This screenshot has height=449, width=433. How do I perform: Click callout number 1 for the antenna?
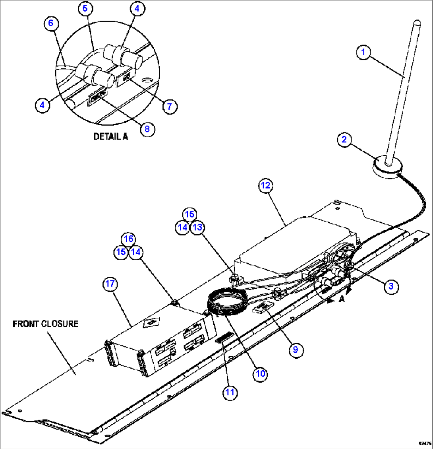363,52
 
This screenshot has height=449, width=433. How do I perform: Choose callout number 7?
170,106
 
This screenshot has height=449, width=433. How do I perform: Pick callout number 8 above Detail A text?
147,129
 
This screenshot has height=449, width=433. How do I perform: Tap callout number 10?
260,373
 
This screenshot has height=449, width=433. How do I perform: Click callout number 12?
267,185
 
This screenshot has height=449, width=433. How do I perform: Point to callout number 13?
197,227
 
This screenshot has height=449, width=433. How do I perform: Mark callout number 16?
128,239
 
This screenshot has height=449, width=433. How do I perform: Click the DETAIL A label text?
110,136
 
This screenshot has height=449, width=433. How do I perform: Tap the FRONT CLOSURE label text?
45,324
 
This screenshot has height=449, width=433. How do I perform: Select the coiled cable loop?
227,302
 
